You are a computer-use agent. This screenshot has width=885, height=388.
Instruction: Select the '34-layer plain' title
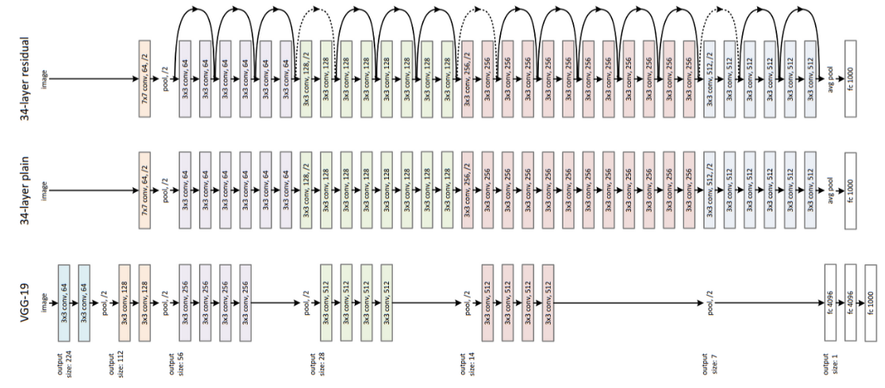coord(13,190)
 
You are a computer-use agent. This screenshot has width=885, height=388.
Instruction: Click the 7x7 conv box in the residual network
coord(145,79)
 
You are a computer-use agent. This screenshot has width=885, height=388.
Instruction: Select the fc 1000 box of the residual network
coord(852,79)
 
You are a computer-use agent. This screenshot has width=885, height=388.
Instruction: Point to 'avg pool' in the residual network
coord(830,79)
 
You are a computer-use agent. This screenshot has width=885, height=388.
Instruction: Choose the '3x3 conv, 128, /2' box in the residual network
coord(307,79)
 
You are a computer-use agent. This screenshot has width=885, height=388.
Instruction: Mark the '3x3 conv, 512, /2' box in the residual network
coord(710,79)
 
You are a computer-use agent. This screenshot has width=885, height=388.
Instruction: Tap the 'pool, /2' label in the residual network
coord(167,79)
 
